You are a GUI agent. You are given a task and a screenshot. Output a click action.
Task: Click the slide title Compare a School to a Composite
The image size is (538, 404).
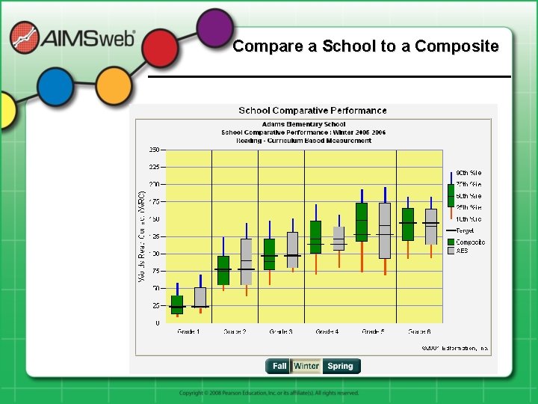pyautogui.click(x=365, y=46)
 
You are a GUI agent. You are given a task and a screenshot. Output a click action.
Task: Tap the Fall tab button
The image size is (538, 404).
pyautogui.click(x=279, y=366)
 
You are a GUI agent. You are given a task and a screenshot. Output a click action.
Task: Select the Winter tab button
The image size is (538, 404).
pyautogui.click(x=306, y=366)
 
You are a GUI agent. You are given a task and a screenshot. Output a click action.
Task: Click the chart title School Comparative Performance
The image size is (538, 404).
pyautogui.click(x=312, y=111)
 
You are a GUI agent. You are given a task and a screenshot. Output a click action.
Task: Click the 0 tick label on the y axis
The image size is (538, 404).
pyautogui.click(x=156, y=323)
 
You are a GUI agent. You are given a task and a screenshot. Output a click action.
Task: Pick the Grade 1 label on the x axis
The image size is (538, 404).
pyautogui.click(x=188, y=331)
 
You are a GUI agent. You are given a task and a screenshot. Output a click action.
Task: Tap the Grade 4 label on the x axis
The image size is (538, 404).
pyautogui.click(x=327, y=331)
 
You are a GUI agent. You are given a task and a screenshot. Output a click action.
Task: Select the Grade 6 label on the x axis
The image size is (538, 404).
pyautogui.click(x=419, y=331)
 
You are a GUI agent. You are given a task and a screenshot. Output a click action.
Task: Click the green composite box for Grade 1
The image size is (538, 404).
pyautogui.click(x=177, y=304)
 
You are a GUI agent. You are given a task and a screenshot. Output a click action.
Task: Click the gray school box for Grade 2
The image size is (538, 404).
pyautogui.click(x=246, y=261)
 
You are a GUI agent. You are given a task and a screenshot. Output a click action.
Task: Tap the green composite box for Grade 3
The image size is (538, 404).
pyautogui.click(x=270, y=254)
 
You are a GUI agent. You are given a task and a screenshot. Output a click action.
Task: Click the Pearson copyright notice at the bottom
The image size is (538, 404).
pyautogui.click(x=269, y=393)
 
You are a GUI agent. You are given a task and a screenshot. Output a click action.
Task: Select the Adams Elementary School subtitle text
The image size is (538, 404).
pyautogui.click(x=303, y=124)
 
